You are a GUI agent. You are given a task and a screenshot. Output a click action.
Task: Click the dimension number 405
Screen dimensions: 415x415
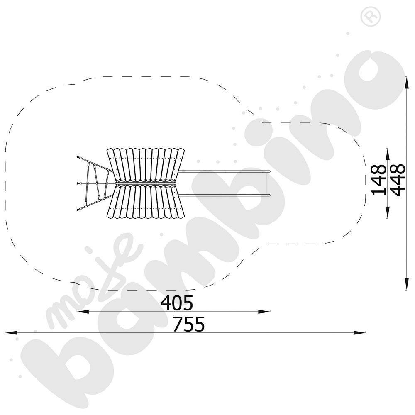(177, 303)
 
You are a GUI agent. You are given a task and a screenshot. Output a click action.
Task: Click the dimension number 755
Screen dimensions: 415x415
(189, 324)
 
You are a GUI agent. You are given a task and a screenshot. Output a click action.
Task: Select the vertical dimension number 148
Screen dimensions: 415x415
(379, 180)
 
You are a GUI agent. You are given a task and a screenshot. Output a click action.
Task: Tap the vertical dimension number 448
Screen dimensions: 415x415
(398, 180)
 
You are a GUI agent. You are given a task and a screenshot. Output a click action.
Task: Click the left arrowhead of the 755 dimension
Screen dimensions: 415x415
(11, 333)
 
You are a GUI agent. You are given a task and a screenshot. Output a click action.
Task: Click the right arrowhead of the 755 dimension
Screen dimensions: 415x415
(359, 333)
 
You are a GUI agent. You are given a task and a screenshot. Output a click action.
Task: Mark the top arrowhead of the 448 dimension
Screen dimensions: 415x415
(407, 83)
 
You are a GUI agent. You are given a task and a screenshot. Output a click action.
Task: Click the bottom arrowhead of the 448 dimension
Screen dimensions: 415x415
(407, 284)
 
